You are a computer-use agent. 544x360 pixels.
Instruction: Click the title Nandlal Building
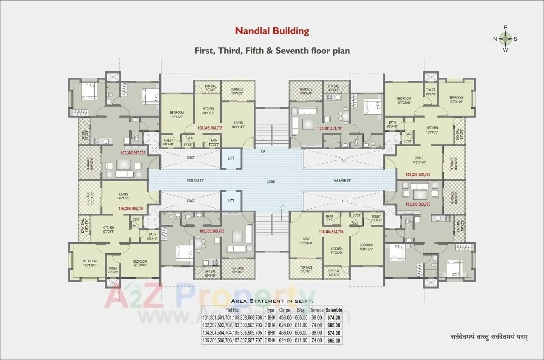(x=272, y=31)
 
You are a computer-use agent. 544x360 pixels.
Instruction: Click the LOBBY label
(x=271, y=182)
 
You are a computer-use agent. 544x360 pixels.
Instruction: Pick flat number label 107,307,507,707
(x=133, y=153)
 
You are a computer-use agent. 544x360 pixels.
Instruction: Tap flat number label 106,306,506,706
(x=130, y=209)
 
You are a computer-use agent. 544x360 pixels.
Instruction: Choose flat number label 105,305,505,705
(x=212, y=231)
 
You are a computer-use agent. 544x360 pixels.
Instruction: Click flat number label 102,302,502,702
(x=418, y=174)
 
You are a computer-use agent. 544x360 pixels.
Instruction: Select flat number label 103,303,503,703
(x=418, y=204)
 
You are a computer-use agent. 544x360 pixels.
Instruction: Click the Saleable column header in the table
(x=334, y=310)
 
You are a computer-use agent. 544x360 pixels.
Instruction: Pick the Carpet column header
(x=285, y=310)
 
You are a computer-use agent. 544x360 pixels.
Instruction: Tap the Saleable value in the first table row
(x=334, y=317)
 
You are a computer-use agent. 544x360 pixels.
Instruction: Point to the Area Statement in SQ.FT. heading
(x=272, y=300)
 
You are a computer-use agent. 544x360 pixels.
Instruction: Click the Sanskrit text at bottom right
(x=489, y=337)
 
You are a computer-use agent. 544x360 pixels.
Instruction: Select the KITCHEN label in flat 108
(x=208, y=109)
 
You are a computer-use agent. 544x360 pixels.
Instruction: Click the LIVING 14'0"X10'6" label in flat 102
(x=419, y=160)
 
